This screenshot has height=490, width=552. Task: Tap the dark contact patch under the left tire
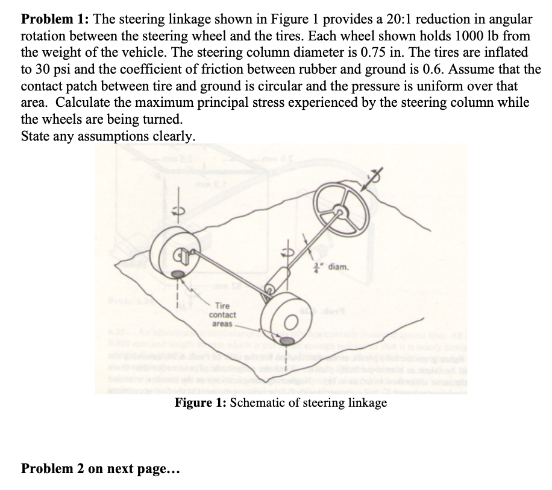179,275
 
